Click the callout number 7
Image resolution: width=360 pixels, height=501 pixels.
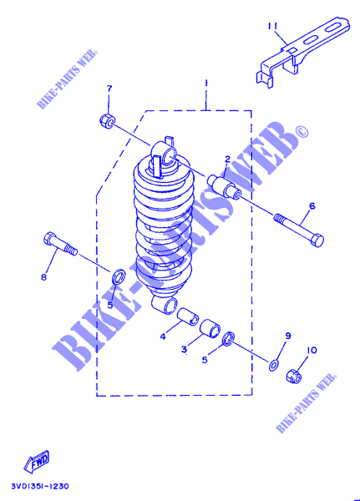coord(109,89)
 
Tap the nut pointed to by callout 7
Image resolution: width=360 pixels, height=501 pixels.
coord(107,120)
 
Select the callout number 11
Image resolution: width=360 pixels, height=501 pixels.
coord(274,26)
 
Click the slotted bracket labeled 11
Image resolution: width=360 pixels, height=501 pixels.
coord(302,51)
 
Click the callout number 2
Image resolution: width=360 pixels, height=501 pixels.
coord(227,159)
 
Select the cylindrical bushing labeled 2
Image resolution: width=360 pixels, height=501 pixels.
coord(225,186)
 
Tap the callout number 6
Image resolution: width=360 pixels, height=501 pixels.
coord(312,205)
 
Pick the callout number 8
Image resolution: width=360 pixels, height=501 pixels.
coord(43,277)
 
